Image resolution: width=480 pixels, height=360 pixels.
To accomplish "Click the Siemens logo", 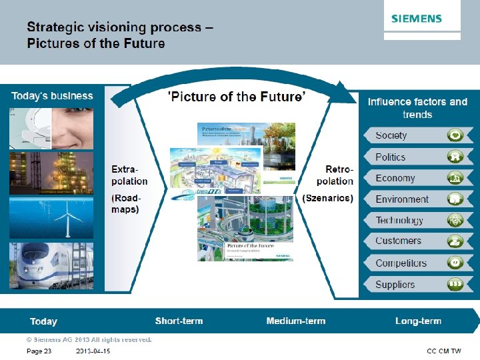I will [416, 18].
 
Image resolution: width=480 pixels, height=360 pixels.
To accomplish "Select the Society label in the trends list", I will [391, 135].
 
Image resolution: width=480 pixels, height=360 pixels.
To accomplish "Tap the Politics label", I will [390, 157].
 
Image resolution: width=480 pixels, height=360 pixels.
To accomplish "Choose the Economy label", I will [395, 178].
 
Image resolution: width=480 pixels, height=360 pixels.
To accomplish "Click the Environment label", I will [402, 199].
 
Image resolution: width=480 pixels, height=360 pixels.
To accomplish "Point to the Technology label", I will [399, 221].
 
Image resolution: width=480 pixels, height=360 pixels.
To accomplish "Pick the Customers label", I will [398, 241].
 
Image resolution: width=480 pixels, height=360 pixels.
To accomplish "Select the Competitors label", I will [401, 263].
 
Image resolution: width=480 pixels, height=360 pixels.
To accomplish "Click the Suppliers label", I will [395, 285].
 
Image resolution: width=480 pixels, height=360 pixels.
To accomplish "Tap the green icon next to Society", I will [455, 135].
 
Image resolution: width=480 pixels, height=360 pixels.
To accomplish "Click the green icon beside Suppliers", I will [455, 285].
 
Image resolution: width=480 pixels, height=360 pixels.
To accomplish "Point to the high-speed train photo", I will [51, 265].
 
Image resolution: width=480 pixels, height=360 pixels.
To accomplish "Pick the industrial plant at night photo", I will [51, 173].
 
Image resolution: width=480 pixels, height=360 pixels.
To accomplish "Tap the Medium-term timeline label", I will [295, 321].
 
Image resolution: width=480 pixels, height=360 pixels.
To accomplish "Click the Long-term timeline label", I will [418, 321].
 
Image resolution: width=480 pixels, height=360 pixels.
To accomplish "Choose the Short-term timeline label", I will [179, 321].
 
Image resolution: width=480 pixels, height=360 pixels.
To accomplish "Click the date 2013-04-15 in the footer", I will [93, 351].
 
